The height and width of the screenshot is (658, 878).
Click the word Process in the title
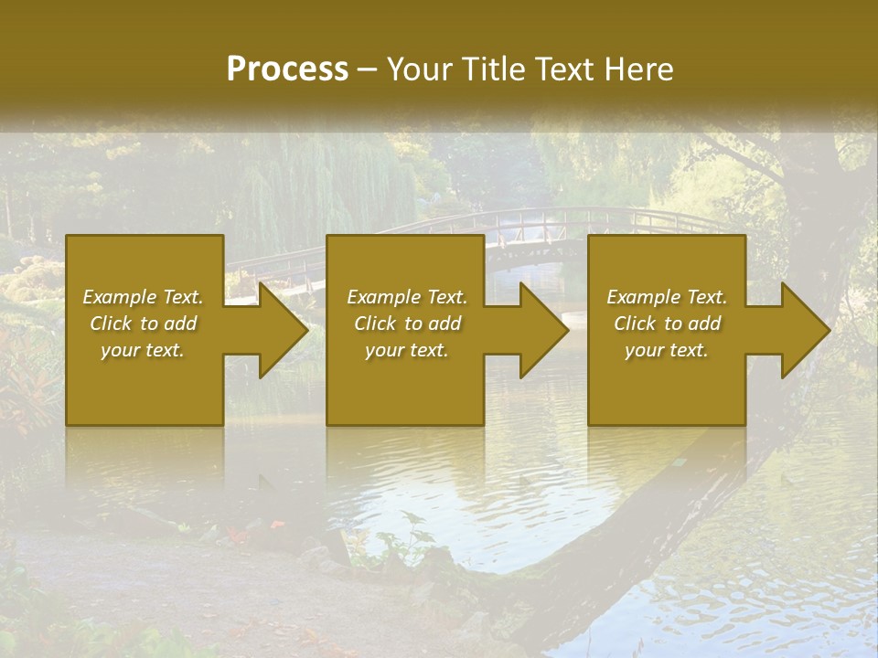pyautogui.click(x=287, y=69)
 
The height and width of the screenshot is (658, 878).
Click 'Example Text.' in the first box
pyautogui.click(x=143, y=297)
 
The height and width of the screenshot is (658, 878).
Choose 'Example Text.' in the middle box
pyautogui.click(x=407, y=297)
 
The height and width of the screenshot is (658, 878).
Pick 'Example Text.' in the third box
pyautogui.click(x=667, y=297)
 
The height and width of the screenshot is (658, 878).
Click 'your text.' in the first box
pyautogui.click(x=143, y=350)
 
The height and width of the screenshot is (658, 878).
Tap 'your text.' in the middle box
pyautogui.click(x=407, y=350)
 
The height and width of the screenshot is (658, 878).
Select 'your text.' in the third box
pyautogui.click(x=667, y=350)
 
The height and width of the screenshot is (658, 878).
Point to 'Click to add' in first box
pyautogui.click(x=143, y=324)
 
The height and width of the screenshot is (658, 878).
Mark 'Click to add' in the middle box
pyautogui.click(x=407, y=324)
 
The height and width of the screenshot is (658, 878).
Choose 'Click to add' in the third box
pyautogui.click(x=667, y=324)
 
